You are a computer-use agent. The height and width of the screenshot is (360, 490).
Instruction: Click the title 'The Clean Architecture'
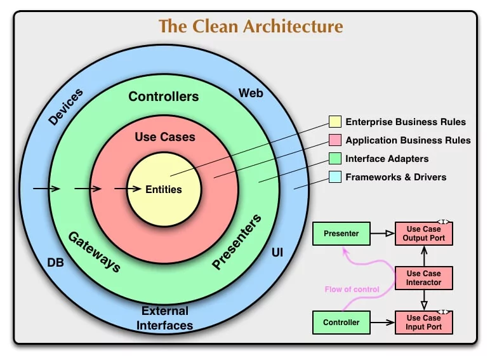pyautogui.click(x=251, y=27)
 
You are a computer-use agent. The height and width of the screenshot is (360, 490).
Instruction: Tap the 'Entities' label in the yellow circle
pyautogui.click(x=164, y=189)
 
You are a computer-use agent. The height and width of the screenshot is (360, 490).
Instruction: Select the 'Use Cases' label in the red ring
pyautogui.click(x=165, y=137)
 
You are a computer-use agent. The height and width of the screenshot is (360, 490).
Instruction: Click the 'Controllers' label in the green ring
pyautogui.click(x=164, y=97)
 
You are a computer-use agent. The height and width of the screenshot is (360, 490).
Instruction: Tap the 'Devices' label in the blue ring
pyautogui.click(x=65, y=107)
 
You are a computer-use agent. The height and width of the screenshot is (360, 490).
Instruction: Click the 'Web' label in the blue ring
pyautogui.click(x=251, y=93)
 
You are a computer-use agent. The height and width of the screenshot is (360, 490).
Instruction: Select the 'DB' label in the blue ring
pyautogui.click(x=55, y=262)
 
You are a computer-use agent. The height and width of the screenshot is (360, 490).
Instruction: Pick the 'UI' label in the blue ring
pyautogui.click(x=277, y=253)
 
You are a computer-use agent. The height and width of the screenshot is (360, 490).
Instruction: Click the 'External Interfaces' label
pyautogui.click(x=165, y=318)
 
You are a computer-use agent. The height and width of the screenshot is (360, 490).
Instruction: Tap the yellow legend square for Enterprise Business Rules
pyautogui.click(x=334, y=122)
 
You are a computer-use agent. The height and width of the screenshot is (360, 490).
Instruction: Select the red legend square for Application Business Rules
pyautogui.click(x=334, y=140)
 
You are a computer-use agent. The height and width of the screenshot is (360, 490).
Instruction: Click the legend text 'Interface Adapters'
pyautogui.click(x=387, y=159)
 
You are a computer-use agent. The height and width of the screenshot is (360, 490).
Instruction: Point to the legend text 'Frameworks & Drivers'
pyautogui.click(x=395, y=177)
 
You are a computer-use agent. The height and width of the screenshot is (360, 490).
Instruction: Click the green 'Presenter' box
pyautogui.click(x=341, y=234)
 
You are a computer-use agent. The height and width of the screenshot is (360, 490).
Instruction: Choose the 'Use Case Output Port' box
pyautogui.click(x=423, y=234)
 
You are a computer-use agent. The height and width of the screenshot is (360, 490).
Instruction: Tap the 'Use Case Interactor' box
pyautogui.click(x=423, y=277)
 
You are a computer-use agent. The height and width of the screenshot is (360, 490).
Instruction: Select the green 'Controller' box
pyautogui.click(x=341, y=322)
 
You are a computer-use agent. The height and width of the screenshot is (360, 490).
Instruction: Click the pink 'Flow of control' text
pyautogui.click(x=352, y=290)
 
